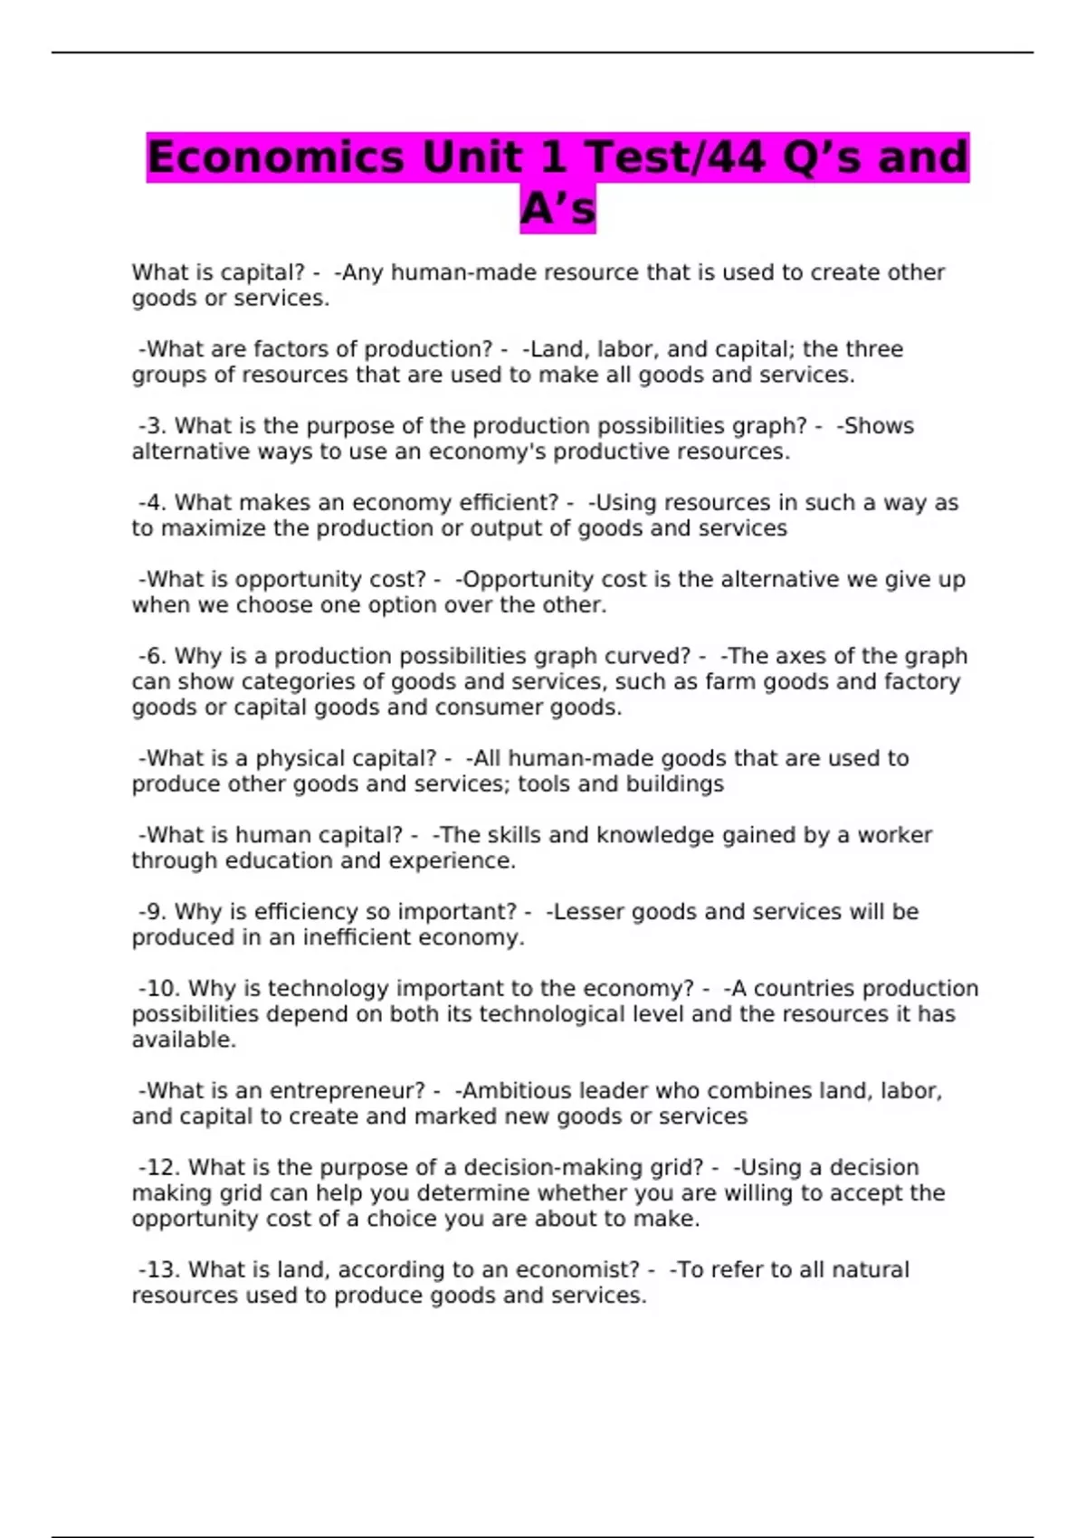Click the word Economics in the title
click(275, 157)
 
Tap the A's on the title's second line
click(557, 210)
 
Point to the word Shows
click(878, 426)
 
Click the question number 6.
click(156, 656)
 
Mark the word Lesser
click(588, 912)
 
